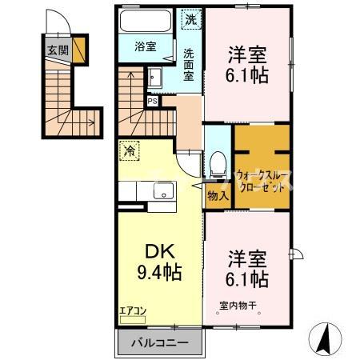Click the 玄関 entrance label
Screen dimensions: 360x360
pyautogui.click(x=57, y=50)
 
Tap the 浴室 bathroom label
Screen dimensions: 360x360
pyautogui.click(x=145, y=46)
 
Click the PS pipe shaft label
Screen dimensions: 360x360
pyautogui.click(x=152, y=101)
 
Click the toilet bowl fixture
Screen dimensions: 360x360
pyautogui.click(x=215, y=166)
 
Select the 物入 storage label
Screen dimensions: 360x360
pyautogui.click(x=218, y=194)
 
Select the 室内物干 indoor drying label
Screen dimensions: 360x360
pyautogui.click(x=239, y=305)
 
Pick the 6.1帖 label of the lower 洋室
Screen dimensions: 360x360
pyautogui.click(x=246, y=280)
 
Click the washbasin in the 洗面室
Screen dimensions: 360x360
pyautogui.click(x=155, y=78)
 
